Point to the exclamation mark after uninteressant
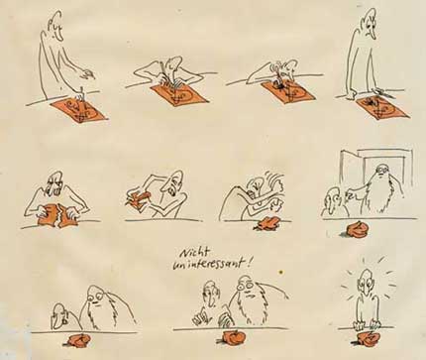pos(249,263)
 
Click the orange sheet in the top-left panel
pos(79,111)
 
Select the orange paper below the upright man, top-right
pos(383,106)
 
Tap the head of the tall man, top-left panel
pos(55,27)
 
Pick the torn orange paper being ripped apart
pos(57,215)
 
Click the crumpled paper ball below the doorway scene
pos(358,230)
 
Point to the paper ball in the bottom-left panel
pos(78,340)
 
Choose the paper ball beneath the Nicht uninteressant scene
pos(231,337)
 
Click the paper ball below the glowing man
pos(369,337)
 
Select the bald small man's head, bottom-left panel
pos(60,314)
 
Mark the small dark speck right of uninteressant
pos(281,273)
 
